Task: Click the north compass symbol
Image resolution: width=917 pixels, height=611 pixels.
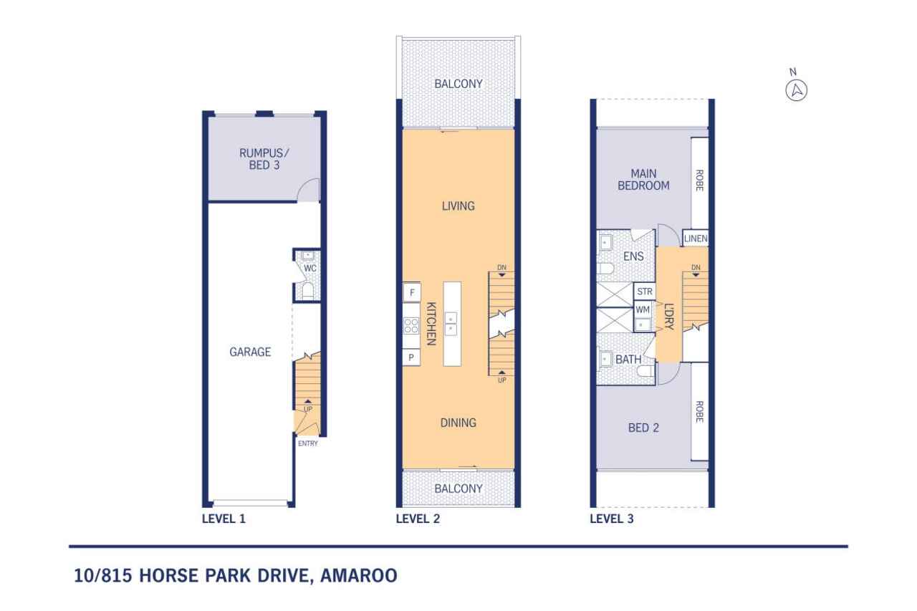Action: [796, 91]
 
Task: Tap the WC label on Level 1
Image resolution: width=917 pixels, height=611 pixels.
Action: [309, 268]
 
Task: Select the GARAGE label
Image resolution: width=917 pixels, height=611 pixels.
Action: [250, 352]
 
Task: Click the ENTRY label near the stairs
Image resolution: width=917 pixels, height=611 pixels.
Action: [307, 443]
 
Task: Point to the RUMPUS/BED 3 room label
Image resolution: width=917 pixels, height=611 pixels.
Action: [259, 160]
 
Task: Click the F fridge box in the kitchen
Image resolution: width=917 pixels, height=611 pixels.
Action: [411, 292]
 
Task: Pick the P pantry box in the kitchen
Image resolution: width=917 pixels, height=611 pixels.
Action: [411, 357]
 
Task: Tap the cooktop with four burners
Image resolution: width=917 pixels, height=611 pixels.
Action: [411, 325]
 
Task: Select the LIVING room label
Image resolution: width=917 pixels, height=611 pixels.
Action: [458, 206]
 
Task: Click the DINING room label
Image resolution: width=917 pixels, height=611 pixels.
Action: [458, 423]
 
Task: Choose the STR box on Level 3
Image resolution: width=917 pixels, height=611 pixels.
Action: [644, 292]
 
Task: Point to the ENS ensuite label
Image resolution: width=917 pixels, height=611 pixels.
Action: [633, 256]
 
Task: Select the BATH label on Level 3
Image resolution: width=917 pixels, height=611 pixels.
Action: [628, 360]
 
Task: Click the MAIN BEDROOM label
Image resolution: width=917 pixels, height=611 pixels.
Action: [649, 180]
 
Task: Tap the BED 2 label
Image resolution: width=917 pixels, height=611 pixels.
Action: [643, 428]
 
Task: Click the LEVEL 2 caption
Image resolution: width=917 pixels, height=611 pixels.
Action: [418, 519]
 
